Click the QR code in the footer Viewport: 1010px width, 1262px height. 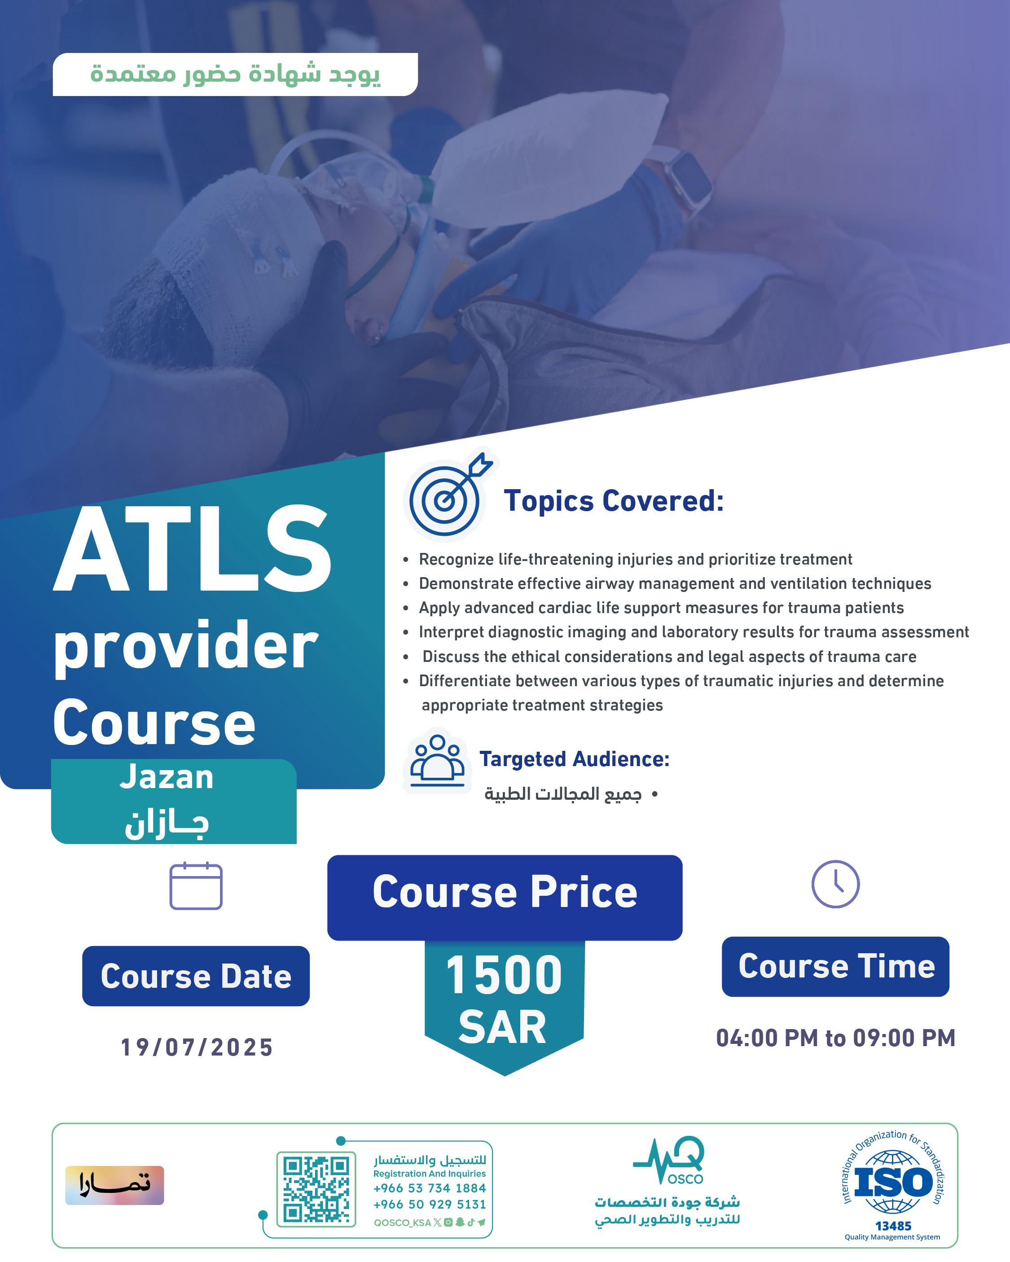pos(316,1189)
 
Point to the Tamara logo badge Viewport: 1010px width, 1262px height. pos(115,1185)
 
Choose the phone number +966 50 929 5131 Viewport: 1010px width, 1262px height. pos(430,1205)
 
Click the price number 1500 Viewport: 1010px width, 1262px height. pos(504,976)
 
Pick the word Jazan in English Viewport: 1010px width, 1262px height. pos(167,777)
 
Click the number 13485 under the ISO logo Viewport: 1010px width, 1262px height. pos(893,1226)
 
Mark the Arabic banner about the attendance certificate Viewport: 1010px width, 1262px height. pos(235,74)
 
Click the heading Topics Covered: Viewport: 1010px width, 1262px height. pos(614,501)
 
